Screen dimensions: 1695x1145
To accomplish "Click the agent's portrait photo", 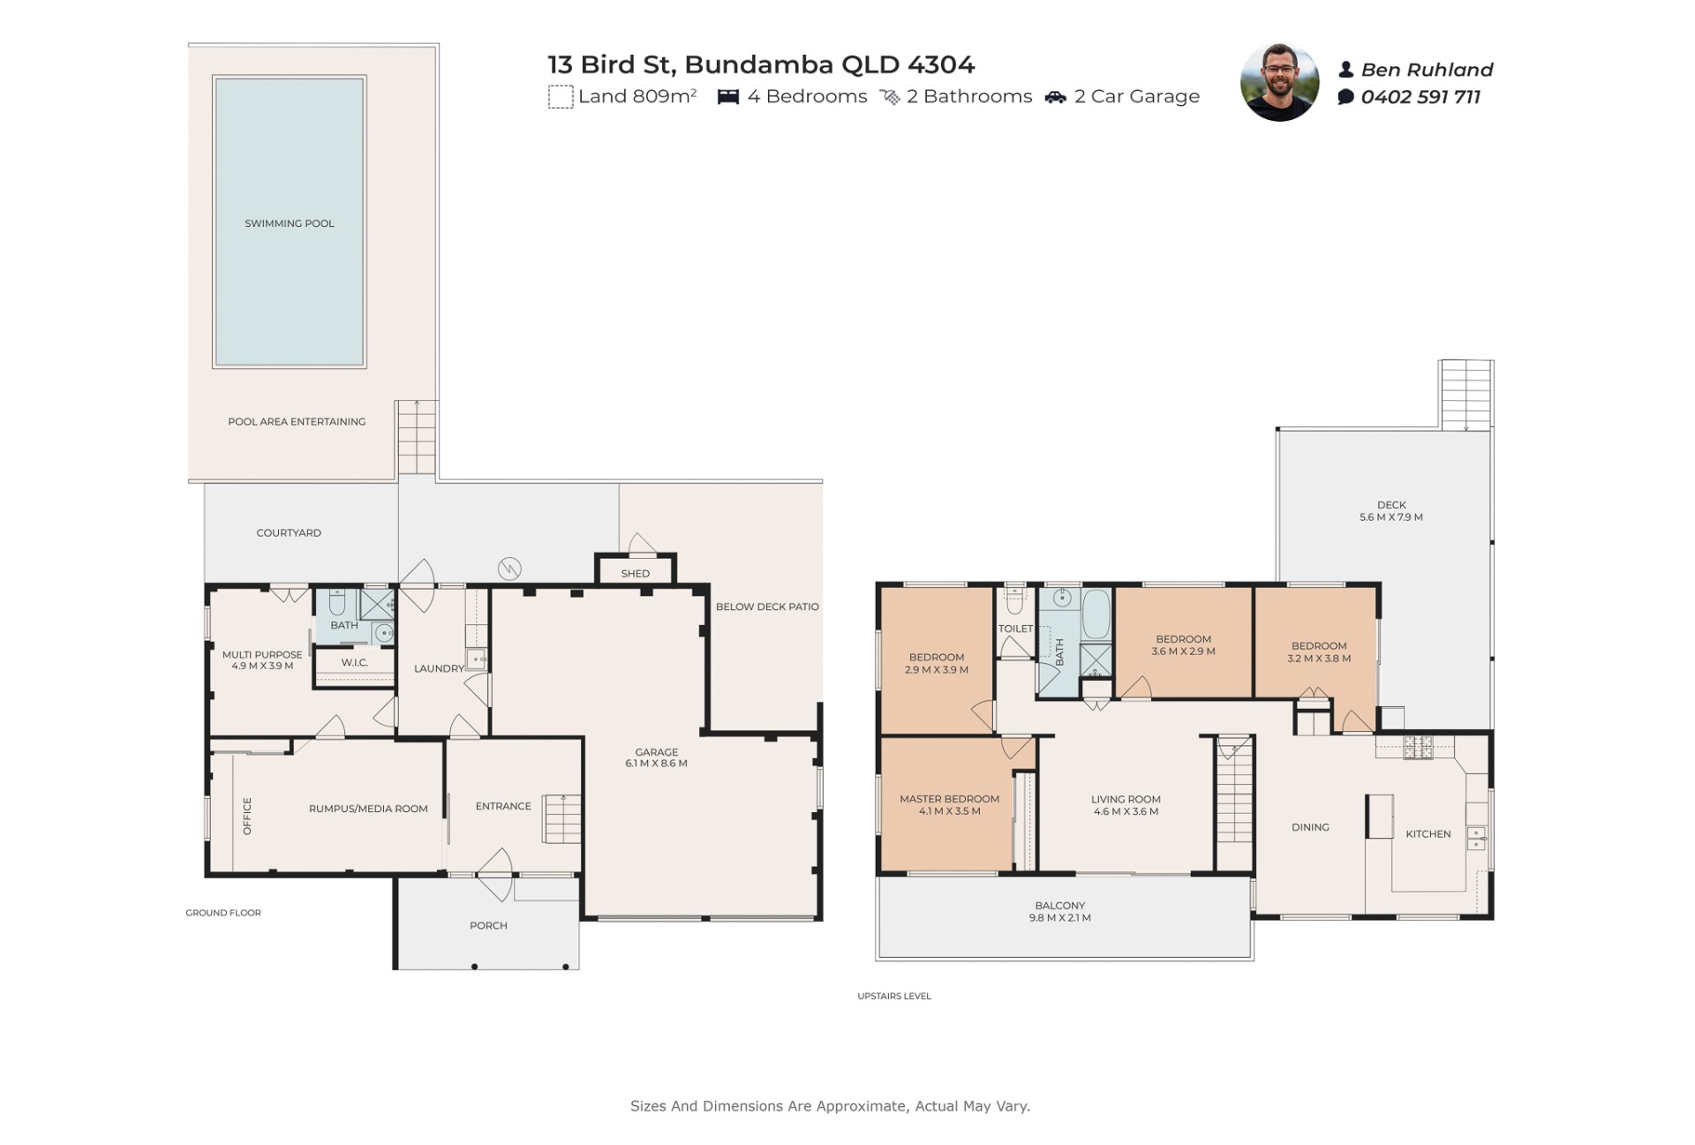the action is (1279, 82).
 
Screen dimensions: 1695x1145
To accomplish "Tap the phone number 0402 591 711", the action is (1420, 97).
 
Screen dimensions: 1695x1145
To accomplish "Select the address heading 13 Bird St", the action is (611, 64).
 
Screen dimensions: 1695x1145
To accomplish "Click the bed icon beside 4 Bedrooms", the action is (728, 97).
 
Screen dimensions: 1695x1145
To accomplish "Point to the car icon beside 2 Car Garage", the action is (1056, 97).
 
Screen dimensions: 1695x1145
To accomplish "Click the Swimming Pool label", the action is (290, 223).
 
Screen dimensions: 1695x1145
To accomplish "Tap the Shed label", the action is (636, 574).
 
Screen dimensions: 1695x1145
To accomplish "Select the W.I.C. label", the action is (355, 662).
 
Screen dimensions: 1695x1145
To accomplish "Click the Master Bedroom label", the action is (950, 799).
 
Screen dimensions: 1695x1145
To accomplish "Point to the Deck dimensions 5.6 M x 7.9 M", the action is (1391, 517).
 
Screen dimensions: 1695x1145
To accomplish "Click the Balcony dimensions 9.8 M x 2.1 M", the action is (1060, 918).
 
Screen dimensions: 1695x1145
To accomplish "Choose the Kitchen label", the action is (1428, 834).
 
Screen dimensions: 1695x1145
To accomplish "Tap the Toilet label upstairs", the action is (1015, 629).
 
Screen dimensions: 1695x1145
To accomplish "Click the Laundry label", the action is (439, 668).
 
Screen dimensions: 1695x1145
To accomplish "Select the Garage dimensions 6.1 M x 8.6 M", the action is (656, 764).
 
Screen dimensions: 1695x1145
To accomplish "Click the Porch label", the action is (488, 925).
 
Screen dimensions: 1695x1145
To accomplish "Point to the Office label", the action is (247, 816).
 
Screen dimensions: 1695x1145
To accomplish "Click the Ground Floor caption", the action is (223, 913).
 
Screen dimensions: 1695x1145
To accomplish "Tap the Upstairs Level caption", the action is (894, 996).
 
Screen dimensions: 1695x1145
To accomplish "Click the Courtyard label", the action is (289, 533).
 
